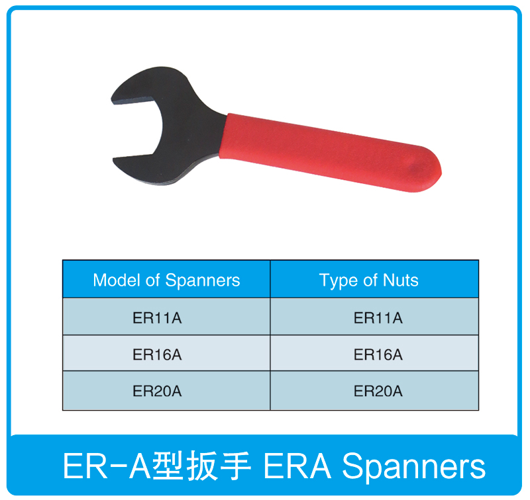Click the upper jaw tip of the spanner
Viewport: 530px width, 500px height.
click(x=113, y=101)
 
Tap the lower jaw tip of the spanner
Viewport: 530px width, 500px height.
click(x=115, y=161)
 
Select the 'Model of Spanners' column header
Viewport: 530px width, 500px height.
click(x=166, y=280)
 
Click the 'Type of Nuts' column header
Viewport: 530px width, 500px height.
click(x=369, y=280)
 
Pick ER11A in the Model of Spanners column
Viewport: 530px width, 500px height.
click(x=157, y=318)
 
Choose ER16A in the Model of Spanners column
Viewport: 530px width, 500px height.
click(x=157, y=354)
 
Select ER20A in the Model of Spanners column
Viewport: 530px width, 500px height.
click(x=157, y=391)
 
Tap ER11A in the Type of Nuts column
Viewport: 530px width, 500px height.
click(x=378, y=318)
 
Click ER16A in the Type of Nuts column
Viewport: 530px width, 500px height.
click(x=378, y=354)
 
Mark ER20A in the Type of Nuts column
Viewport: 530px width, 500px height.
click(x=378, y=391)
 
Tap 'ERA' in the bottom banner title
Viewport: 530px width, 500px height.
click(x=297, y=466)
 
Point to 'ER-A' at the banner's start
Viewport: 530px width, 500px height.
click(x=107, y=466)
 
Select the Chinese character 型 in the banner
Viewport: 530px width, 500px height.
click(x=168, y=465)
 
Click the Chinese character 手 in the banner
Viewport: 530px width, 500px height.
click(x=236, y=465)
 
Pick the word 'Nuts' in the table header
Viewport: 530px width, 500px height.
click(x=401, y=280)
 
